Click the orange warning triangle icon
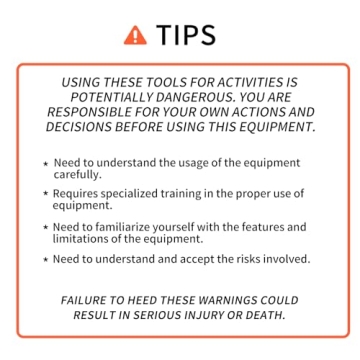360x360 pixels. (x=134, y=35)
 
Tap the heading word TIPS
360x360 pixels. (x=186, y=35)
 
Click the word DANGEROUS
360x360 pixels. (x=208, y=98)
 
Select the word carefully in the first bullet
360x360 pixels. (x=77, y=174)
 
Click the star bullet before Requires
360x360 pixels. (x=45, y=194)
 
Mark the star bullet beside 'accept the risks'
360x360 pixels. (x=45, y=260)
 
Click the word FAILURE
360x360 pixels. (x=85, y=300)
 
